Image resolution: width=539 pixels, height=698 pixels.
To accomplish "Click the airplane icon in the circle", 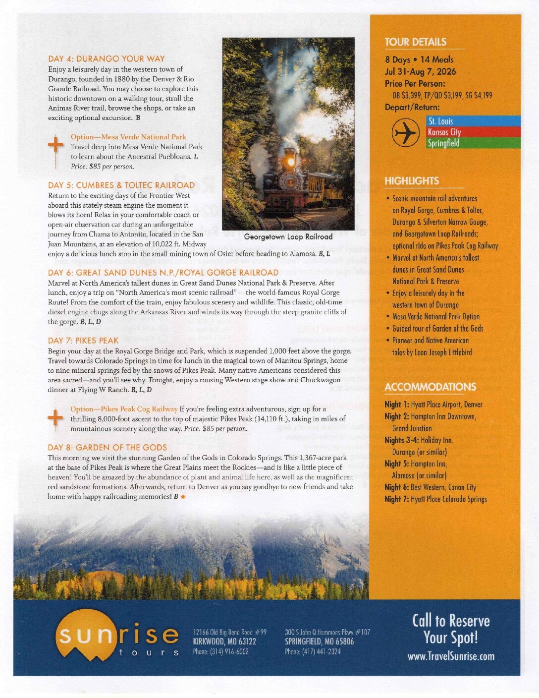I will click(x=406, y=132).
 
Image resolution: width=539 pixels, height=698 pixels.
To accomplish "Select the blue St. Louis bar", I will click(x=473, y=121).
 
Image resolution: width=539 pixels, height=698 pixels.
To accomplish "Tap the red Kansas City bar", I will click(x=473, y=132).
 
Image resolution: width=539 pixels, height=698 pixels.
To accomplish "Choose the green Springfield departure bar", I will click(x=473, y=143).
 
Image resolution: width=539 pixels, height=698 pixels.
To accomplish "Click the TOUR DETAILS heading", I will click(x=415, y=42).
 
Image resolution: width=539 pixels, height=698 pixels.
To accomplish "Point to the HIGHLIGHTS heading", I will click(x=412, y=181).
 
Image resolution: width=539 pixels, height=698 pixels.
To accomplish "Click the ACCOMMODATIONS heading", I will click(x=430, y=387).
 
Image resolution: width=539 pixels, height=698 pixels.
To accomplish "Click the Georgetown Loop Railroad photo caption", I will click(x=288, y=237).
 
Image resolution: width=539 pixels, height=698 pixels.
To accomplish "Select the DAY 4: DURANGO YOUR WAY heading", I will click(x=106, y=58).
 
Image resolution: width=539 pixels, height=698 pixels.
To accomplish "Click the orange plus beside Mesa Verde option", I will click(x=56, y=145).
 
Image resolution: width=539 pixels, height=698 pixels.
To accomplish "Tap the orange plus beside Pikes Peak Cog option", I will click(x=56, y=417).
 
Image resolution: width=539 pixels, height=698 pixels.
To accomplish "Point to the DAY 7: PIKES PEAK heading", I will click(x=83, y=341).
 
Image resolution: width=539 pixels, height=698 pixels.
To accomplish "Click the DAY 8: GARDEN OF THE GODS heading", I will click(x=107, y=447).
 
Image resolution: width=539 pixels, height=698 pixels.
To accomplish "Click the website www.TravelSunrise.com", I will click(x=451, y=656).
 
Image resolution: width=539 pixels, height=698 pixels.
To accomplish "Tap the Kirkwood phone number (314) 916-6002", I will click(x=220, y=651).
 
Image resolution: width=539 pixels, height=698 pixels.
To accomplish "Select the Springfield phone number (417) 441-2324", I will click(x=313, y=651).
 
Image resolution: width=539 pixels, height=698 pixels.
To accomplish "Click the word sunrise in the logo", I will click(x=118, y=634).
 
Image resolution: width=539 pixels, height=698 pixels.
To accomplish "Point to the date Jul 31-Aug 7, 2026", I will click(x=420, y=71).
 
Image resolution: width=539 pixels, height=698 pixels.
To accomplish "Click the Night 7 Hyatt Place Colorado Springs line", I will click(x=435, y=499).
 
